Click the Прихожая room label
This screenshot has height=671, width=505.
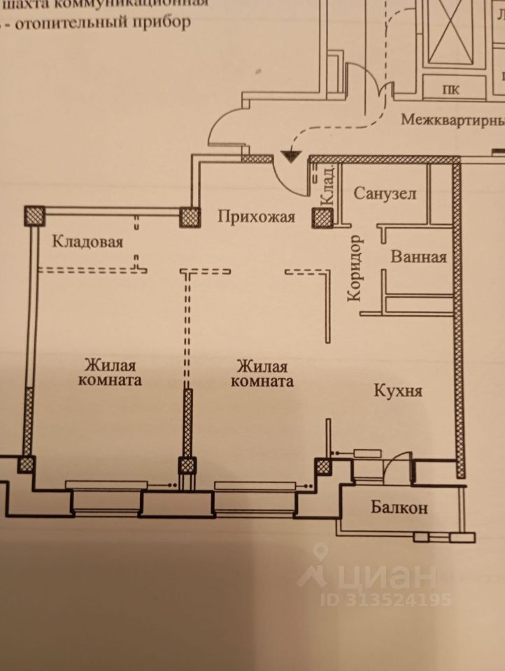(252, 216)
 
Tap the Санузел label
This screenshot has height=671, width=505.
(385, 193)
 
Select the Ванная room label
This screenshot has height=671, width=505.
(418, 257)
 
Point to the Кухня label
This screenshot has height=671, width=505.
(397, 390)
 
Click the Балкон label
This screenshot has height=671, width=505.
(399, 508)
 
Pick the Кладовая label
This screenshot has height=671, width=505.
(88, 243)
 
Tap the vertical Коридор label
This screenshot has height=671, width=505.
(355, 268)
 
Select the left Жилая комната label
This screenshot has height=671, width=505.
(110, 373)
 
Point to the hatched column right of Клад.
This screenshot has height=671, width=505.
(322, 217)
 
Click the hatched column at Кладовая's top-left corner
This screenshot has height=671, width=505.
(34, 215)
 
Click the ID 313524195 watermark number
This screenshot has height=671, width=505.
(386, 599)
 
